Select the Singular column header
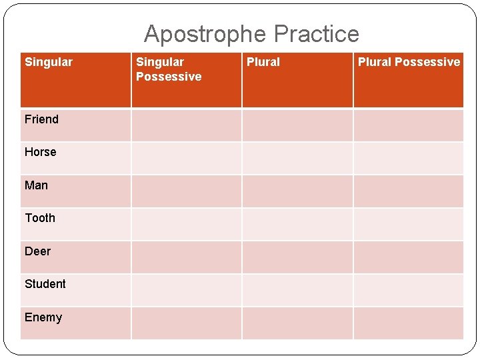click(x=49, y=62)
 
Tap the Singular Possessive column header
click(x=169, y=69)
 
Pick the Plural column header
click(x=263, y=62)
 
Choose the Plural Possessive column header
click(x=409, y=62)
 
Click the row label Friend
click(x=41, y=119)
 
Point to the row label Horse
click(x=41, y=152)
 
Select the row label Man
click(x=36, y=185)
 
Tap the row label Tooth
click(x=40, y=218)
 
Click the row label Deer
click(x=37, y=251)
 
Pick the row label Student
click(x=45, y=284)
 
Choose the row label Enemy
click(x=43, y=317)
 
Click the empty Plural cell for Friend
click(x=297, y=125)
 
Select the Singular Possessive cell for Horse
click(x=186, y=158)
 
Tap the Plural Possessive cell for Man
click(x=408, y=191)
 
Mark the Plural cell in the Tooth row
click(x=297, y=224)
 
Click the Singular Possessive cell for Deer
click(x=186, y=257)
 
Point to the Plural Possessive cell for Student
click(x=408, y=290)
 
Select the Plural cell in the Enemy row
click(x=297, y=323)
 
